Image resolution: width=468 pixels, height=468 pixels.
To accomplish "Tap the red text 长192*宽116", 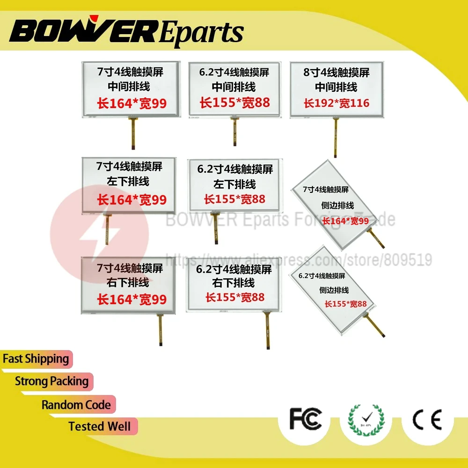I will (x=336, y=103).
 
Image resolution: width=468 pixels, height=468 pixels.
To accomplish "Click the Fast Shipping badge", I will (x=36, y=359).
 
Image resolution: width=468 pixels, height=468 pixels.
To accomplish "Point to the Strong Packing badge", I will (x=51, y=381).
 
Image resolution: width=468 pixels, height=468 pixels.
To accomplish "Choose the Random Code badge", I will (x=76, y=405).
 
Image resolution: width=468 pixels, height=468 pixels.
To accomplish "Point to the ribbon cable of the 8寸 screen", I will (x=335, y=138).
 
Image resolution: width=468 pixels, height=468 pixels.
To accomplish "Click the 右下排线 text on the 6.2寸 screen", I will (x=234, y=283).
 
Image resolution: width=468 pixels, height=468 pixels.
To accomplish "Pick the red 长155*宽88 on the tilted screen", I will (x=346, y=304).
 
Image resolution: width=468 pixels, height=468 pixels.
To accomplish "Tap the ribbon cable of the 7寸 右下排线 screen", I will (x=161, y=329).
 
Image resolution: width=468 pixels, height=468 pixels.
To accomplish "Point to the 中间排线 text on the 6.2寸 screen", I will (x=234, y=87).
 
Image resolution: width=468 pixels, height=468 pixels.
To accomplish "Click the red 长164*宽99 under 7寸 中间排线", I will (x=132, y=103).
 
